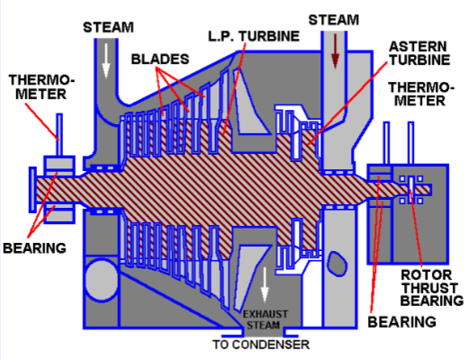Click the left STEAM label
pyautogui.click(x=110, y=28)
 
